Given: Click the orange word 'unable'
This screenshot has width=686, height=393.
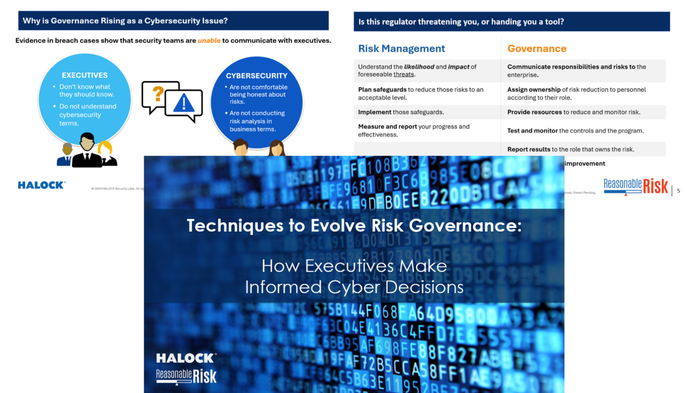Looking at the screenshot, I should click(x=209, y=41).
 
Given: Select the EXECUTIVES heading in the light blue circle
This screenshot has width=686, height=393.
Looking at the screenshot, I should click(x=85, y=75).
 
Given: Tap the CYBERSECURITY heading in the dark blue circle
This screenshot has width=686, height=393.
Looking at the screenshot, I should click(x=257, y=75).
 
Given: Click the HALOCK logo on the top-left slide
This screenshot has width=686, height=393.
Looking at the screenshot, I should click(x=41, y=185).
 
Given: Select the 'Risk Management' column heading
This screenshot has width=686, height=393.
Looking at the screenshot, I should click(x=401, y=49).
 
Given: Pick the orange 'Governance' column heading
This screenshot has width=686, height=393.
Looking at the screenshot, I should click(x=537, y=49).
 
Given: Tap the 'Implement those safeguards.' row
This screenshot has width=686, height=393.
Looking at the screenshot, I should click(x=401, y=112).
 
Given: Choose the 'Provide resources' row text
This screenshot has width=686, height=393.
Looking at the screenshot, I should click(x=573, y=112).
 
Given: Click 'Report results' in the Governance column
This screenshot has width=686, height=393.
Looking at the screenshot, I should click(x=529, y=149).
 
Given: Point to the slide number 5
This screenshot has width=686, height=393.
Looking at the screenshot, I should click(x=678, y=190).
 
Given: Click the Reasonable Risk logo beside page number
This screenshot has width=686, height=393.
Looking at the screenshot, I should click(x=636, y=186).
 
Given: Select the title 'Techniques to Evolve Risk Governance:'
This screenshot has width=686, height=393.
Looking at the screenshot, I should click(x=354, y=225).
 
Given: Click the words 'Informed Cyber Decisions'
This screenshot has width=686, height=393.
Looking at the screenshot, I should click(x=354, y=286).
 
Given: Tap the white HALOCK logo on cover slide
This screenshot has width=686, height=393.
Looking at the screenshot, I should click(x=186, y=358).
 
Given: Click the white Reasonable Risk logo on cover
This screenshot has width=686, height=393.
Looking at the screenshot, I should click(x=186, y=375).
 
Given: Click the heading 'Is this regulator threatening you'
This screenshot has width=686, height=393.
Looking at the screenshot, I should click(x=460, y=22).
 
